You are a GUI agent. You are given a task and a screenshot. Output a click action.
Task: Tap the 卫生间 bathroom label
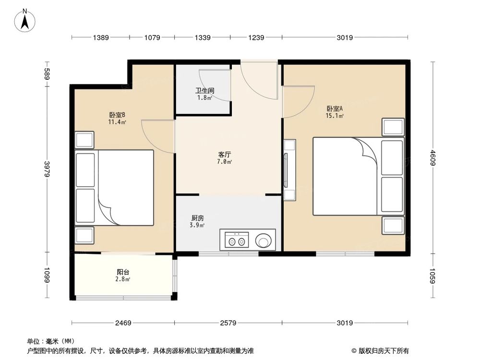point(204,90)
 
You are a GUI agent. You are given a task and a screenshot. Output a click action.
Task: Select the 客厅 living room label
point(225,155)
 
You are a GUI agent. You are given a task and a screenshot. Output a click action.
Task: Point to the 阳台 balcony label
point(123,272)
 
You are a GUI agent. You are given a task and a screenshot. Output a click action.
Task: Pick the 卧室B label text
point(117,115)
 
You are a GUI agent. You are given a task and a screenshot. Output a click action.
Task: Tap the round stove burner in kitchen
point(263,239)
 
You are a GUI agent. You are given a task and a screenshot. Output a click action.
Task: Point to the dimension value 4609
point(434,158)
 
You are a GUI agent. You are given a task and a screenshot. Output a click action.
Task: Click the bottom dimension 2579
point(228,323)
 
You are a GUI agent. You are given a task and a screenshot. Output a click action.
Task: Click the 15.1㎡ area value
point(335,116)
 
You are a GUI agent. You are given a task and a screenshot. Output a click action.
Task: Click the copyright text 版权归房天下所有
point(382,350)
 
